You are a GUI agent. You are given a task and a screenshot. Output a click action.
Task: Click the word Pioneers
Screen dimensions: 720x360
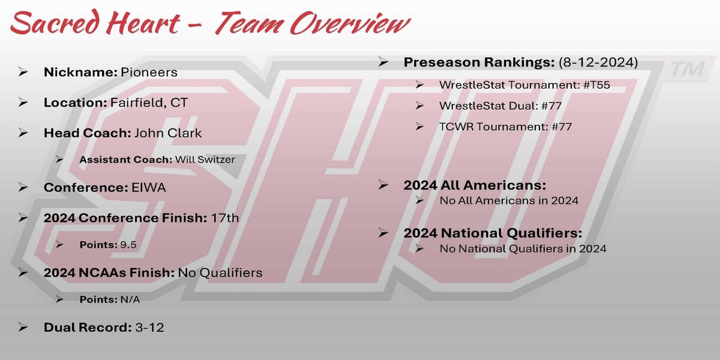pos(149,73)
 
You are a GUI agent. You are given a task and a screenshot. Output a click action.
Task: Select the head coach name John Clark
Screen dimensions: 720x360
pos(168,133)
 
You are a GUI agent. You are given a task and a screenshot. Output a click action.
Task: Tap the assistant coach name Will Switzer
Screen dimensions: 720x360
pos(205,160)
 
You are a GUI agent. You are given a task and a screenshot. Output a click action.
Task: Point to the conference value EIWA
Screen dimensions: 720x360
pos(149,187)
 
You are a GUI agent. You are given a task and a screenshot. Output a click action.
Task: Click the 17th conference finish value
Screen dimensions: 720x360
pos(225,218)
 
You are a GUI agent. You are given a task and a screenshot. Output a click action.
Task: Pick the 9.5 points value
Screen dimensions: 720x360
pos(128,245)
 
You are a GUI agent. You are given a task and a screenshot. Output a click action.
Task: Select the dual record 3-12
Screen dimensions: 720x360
pos(149,328)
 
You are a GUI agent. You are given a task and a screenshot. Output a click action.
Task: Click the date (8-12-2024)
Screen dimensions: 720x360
pos(598,62)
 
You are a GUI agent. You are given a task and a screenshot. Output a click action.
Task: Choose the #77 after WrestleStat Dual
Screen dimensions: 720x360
pos(551,106)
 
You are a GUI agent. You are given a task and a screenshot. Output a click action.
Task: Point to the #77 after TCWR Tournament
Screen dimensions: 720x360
pos(562,127)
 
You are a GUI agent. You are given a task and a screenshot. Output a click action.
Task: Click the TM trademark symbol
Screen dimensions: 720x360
pos(688,69)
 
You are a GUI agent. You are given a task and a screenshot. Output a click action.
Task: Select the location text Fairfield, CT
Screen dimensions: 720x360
pos(149,103)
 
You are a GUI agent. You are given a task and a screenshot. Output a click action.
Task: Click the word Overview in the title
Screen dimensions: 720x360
pos(350,23)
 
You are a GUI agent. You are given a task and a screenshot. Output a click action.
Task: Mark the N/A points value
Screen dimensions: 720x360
pos(130,299)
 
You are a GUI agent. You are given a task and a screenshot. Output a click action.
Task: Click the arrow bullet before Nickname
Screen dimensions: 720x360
pos(23,72)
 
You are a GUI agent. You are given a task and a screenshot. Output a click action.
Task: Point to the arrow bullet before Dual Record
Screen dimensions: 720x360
pos(23,327)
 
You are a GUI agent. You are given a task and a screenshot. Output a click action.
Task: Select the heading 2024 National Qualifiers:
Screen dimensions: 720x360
pos(493,233)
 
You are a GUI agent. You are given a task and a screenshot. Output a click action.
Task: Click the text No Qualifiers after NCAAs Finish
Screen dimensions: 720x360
pos(220,273)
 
